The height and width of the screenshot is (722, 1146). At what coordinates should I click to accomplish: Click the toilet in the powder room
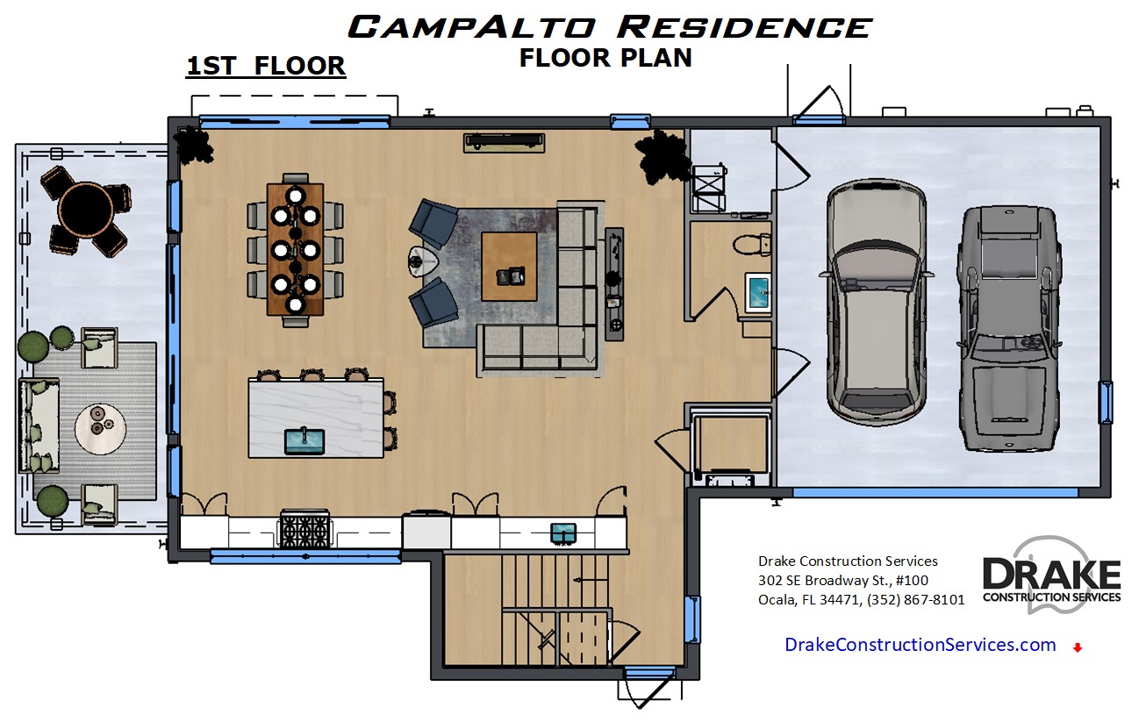752,244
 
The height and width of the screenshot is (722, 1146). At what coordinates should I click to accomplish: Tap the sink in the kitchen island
304,441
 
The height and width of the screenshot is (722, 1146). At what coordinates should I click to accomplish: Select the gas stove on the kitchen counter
304,530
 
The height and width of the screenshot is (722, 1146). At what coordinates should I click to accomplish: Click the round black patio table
86,210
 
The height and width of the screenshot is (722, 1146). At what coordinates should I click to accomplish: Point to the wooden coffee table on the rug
510,267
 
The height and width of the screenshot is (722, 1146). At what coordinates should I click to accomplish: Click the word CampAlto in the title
471,27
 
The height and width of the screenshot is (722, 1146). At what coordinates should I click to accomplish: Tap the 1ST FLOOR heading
266,66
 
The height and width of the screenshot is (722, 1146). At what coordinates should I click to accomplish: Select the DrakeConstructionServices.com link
920,645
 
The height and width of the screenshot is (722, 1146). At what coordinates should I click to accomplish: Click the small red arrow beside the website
1078,647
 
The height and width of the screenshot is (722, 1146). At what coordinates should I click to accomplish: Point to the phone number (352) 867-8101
916,599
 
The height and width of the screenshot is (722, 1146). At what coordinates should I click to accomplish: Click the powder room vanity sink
757,292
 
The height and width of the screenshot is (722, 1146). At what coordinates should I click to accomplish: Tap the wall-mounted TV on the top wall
505,142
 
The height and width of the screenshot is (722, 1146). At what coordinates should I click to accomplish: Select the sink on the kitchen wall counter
563,533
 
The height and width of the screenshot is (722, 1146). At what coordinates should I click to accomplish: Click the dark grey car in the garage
1009,329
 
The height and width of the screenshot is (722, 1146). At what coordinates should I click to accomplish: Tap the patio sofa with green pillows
39,425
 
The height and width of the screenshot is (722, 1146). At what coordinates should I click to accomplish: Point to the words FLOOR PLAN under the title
605,58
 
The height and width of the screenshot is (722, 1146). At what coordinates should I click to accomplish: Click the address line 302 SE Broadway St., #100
843,581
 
